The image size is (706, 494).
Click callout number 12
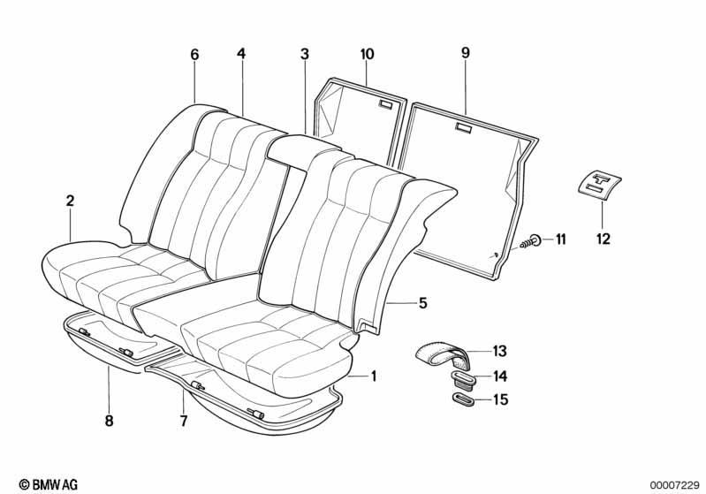603,239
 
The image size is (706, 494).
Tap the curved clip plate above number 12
599,184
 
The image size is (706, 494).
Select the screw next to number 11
531,242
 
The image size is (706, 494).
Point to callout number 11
560,239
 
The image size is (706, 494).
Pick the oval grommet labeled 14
460,379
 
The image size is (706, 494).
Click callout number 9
466,53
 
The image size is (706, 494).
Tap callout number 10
367,54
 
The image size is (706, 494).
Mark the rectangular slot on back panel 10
386,105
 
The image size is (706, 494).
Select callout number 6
194,55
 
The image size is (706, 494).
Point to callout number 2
70,201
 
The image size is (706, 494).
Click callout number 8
109,421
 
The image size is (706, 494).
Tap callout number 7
183,421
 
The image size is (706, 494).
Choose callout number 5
422,303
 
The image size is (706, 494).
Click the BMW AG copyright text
49,484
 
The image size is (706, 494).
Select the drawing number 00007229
673,484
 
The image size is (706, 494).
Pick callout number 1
373,376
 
